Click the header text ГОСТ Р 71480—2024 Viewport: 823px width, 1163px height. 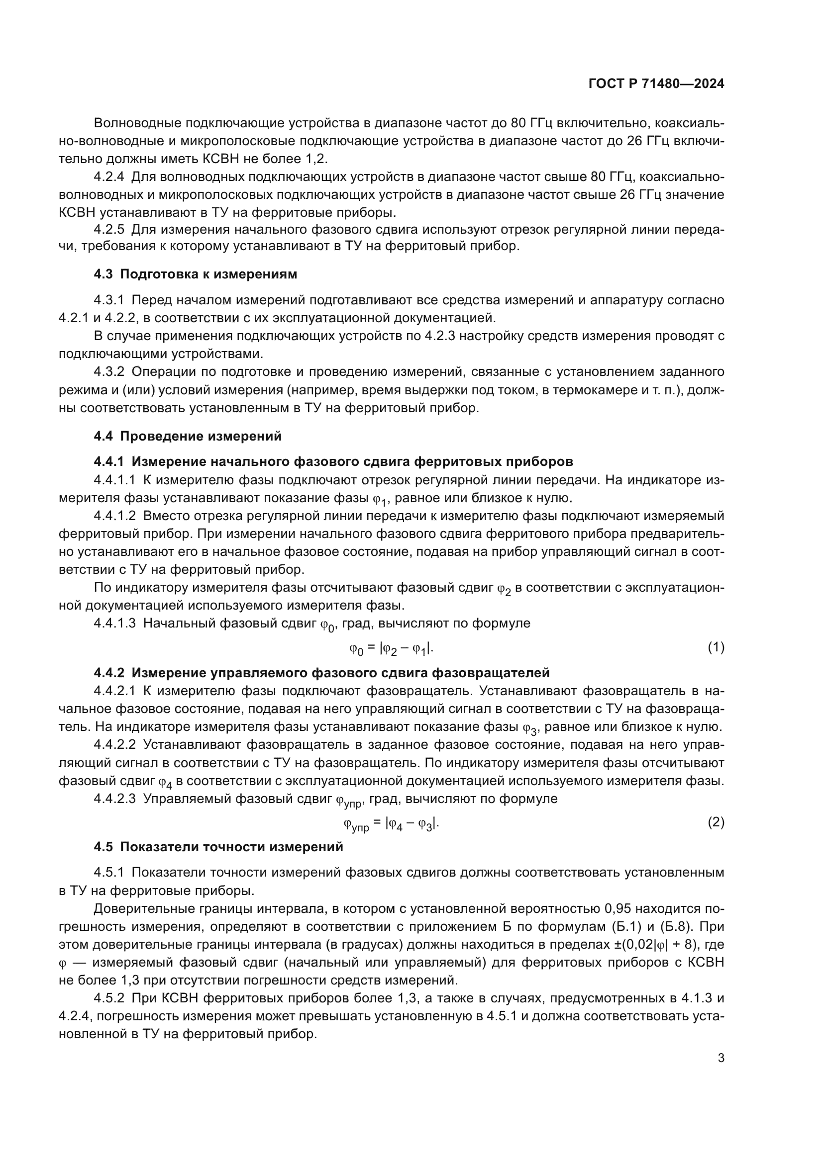[656, 84]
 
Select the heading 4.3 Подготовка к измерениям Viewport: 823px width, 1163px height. [195, 274]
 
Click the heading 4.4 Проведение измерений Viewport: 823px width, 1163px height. [188, 436]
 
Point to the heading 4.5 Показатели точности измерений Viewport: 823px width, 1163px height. [218, 846]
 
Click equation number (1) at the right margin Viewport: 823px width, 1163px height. [716, 647]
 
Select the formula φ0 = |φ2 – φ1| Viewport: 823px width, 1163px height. [391, 648]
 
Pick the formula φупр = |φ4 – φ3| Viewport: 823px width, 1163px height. [391, 823]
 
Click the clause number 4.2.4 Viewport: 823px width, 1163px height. [108, 177]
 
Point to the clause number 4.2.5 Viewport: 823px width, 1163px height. [108, 229]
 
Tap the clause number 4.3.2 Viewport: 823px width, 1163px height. [108, 371]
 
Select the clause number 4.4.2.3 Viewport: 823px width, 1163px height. [114, 799]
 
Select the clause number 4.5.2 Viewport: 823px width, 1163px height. [108, 998]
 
